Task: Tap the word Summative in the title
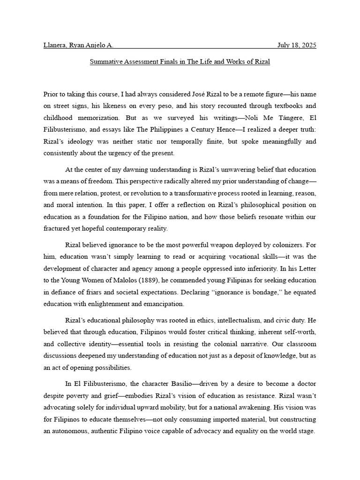tap(106, 61)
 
